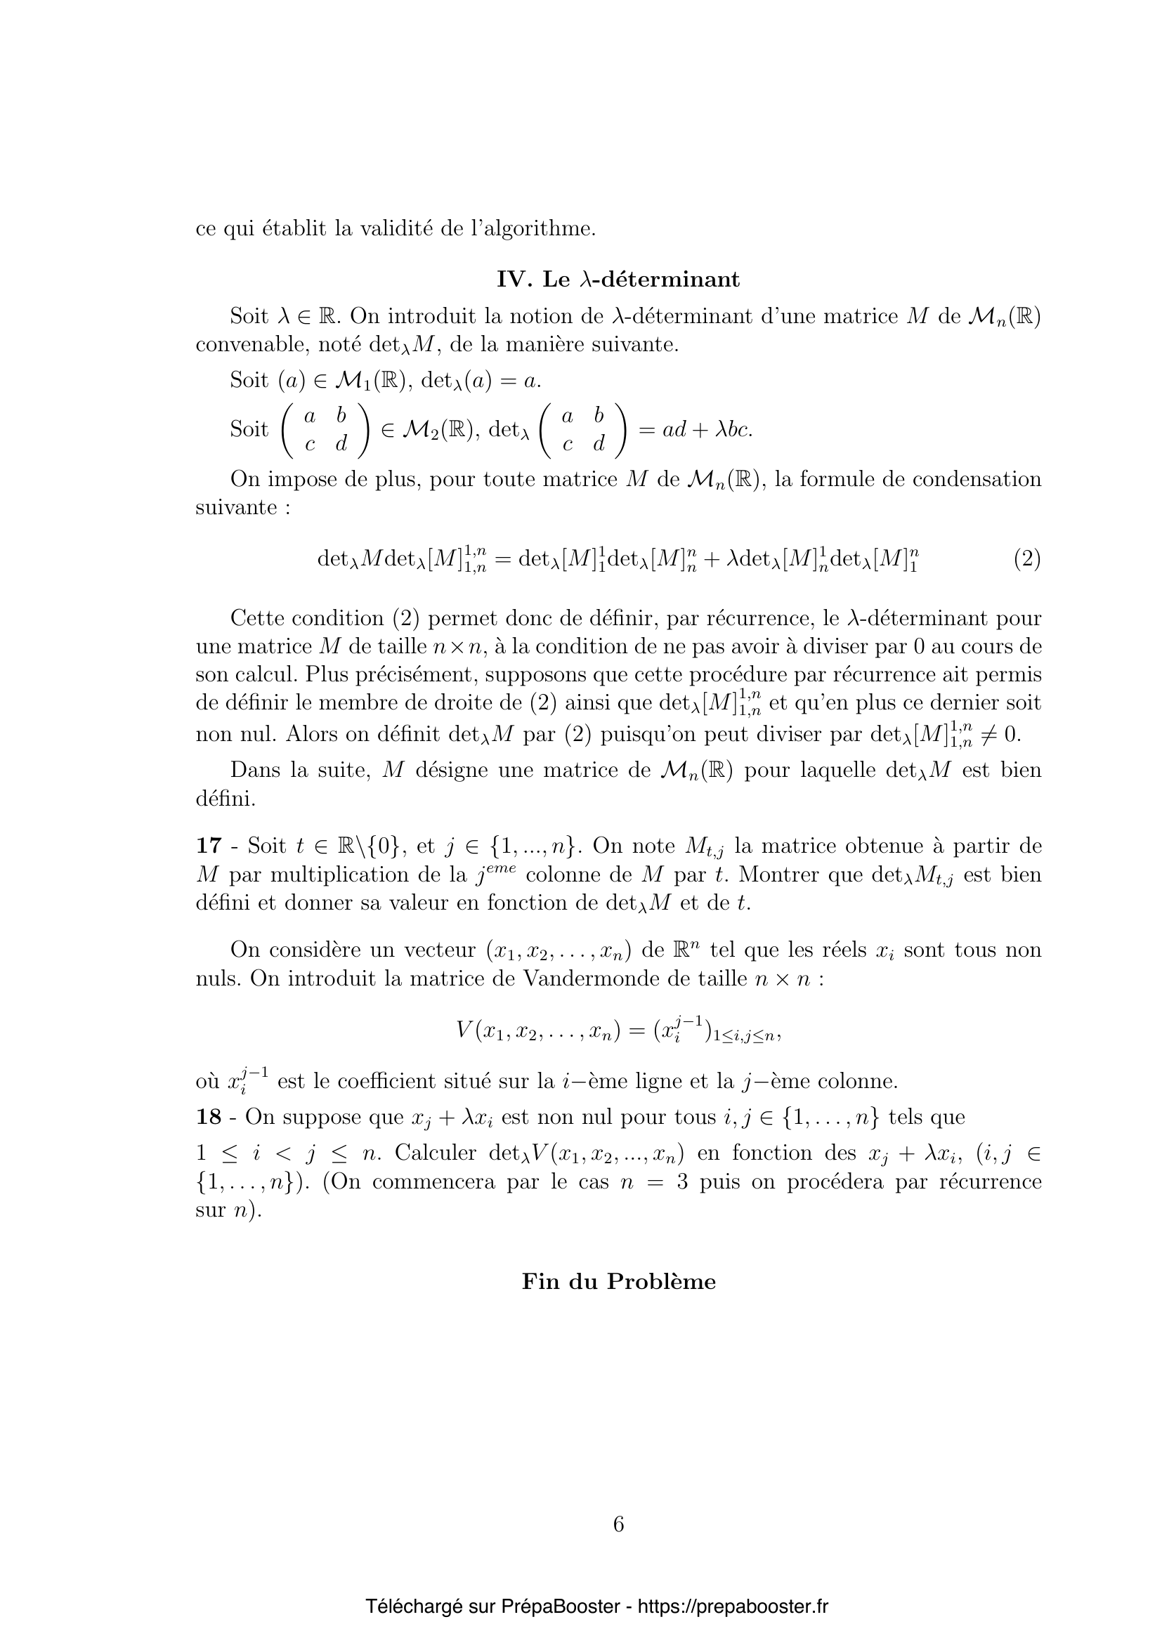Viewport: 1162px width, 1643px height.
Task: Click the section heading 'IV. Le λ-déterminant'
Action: click(618, 279)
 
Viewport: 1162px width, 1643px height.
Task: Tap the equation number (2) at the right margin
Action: click(1027, 558)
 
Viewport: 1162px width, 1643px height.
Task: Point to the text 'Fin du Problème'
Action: click(618, 1281)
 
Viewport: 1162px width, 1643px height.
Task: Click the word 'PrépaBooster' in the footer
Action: click(560, 1606)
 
